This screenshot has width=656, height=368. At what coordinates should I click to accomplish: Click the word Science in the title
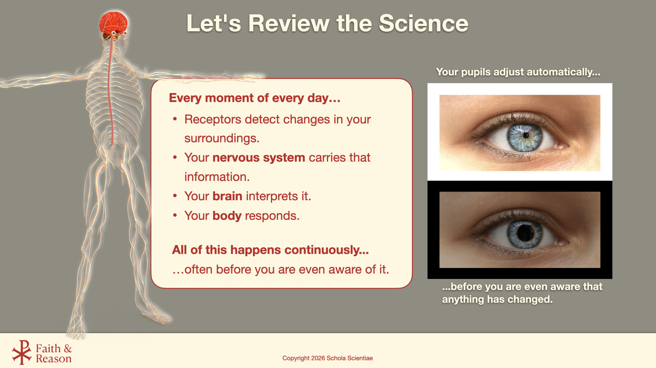coord(424,23)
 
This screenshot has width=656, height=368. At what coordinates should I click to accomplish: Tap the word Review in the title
coord(289,23)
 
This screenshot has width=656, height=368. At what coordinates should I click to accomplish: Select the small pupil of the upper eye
coord(526,135)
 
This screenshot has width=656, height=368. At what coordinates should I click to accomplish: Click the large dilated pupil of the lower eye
coord(525,232)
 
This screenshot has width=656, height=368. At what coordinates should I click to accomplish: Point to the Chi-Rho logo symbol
coord(22,352)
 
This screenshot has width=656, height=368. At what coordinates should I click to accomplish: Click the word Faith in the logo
coord(48,349)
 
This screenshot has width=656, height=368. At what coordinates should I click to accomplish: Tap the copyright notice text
coord(327,358)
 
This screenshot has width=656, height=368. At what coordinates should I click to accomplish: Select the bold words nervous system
coord(259,157)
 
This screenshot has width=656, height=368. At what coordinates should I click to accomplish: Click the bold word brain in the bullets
coord(227,196)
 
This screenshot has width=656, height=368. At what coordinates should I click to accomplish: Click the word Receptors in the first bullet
coord(213,120)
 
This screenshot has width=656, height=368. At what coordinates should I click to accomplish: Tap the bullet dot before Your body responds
coord(175,215)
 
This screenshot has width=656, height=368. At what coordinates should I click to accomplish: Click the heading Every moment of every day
coord(255,98)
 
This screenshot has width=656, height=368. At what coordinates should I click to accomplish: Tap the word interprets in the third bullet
coord(272,196)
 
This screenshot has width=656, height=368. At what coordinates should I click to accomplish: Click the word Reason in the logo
coord(54,359)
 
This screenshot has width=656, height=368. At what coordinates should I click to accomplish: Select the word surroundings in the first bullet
coord(222,139)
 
